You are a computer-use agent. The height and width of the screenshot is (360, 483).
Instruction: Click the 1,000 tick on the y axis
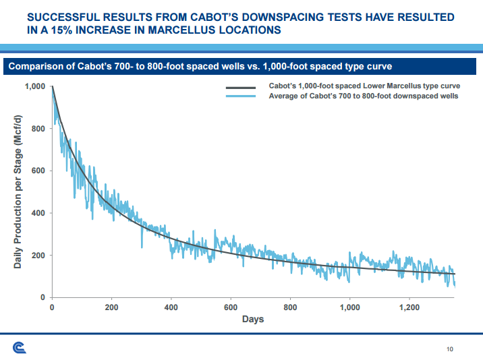click(34, 87)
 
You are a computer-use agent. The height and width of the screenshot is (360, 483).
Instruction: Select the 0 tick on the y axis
click(43, 297)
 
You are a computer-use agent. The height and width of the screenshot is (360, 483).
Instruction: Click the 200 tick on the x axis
click(112, 307)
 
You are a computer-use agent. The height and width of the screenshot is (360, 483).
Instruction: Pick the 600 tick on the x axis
click(231, 307)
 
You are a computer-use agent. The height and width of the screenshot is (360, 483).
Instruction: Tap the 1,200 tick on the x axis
click(409, 307)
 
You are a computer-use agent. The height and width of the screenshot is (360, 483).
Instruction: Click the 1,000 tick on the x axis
click(349, 307)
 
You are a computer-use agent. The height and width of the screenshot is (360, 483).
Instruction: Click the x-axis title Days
click(253, 319)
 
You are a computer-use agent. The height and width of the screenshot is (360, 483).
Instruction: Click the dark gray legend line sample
click(240, 87)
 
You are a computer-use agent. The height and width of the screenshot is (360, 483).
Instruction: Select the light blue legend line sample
click(240, 96)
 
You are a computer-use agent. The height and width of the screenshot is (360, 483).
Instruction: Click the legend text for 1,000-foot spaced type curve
click(364, 87)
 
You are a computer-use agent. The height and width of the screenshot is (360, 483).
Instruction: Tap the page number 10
click(450, 349)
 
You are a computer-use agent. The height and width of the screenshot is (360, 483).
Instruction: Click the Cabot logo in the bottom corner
click(20, 347)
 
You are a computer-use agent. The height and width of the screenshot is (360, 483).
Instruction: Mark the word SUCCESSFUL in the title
click(75, 16)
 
